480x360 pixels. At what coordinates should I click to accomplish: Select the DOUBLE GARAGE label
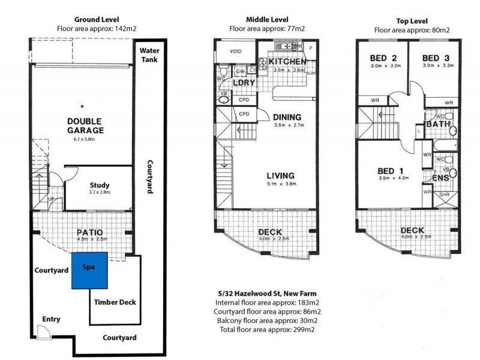coord(85,125)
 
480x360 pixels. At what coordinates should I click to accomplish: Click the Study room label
coord(99,185)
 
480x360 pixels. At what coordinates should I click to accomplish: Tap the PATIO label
coord(90,232)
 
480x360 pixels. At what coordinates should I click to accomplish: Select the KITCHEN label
coord(287,62)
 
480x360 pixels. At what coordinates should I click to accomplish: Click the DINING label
coord(287,117)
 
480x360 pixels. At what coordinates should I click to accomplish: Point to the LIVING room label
coord(284,175)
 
